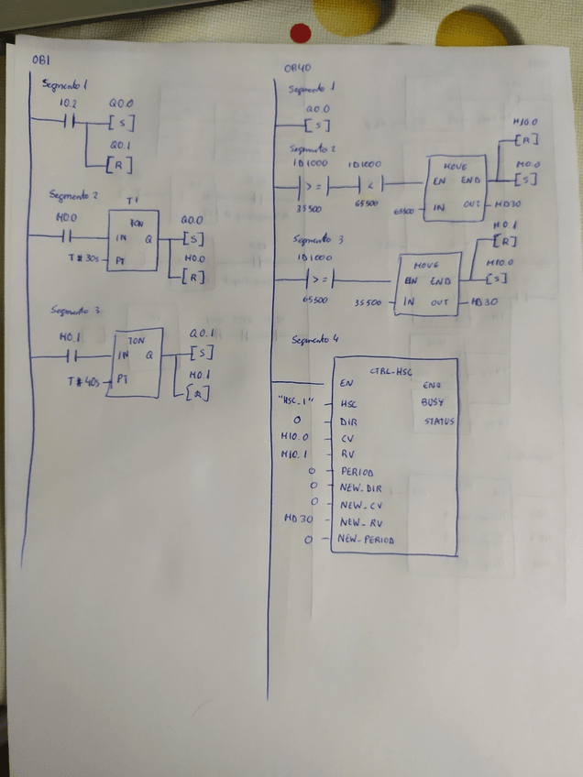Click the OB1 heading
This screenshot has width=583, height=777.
[40, 60]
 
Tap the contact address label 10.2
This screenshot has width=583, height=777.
[68, 104]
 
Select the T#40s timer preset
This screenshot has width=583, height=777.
[85, 379]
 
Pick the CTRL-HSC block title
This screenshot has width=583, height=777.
[390, 372]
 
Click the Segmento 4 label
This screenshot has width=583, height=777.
[314, 340]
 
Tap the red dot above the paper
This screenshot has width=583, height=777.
[301, 34]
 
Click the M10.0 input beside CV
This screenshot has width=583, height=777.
[293, 436]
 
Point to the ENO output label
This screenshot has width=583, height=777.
[433, 386]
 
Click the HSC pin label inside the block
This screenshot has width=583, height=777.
[346, 403]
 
